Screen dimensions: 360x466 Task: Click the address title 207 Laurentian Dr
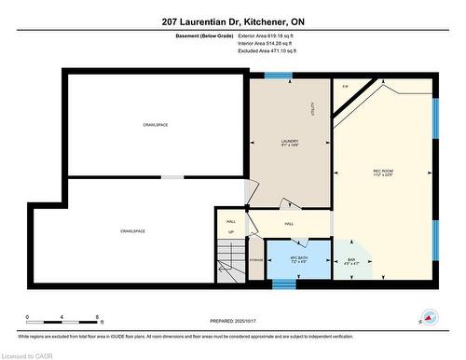[x=233, y=21]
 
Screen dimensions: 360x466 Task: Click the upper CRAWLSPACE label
[x=155, y=124]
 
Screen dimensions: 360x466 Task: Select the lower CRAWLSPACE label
[x=132, y=230]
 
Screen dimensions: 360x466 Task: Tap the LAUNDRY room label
[x=290, y=141]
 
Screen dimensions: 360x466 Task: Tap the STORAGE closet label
[x=256, y=259]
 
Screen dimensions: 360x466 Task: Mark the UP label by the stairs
[x=231, y=231]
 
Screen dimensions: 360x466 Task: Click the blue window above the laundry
[x=277, y=75]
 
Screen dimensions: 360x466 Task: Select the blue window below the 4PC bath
[x=283, y=284]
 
